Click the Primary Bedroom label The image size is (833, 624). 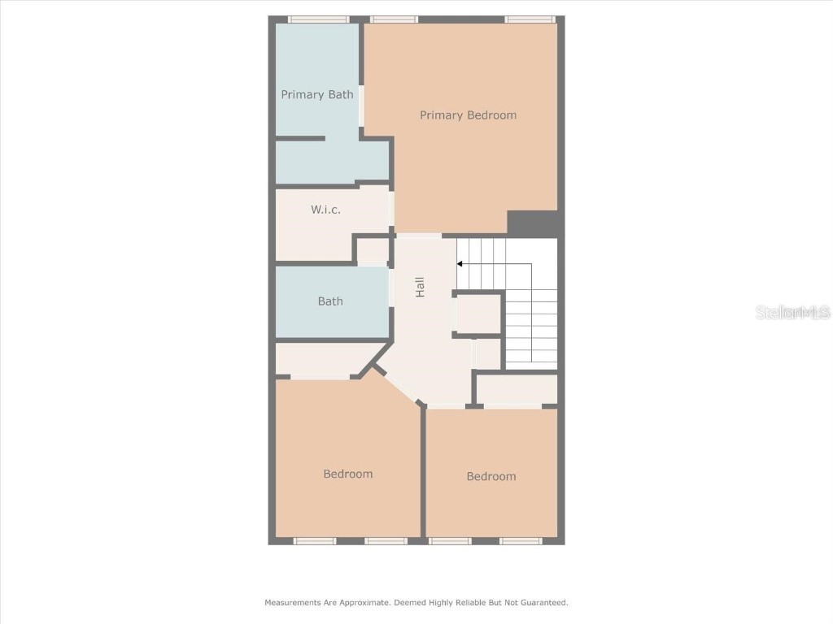click(x=468, y=115)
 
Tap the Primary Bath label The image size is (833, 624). click(x=317, y=95)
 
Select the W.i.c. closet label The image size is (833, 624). click(x=325, y=210)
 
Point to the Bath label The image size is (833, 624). click(x=330, y=301)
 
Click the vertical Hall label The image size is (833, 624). click(x=421, y=287)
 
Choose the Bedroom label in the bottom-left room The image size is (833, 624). click(x=348, y=474)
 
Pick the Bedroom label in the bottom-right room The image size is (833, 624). click(x=491, y=477)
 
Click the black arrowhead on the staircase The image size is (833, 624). click(x=460, y=263)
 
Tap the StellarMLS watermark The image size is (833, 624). click(x=792, y=312)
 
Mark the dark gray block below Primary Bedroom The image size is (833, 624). click(x=532, y=223)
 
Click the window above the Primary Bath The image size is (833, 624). click(x=319, y=19)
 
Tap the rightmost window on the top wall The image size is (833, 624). click(x=530, y=19)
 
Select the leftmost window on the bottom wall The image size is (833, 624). click(x=315, y=541)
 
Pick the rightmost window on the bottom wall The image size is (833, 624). click(x=521, y=541)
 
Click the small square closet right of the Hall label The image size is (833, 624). click(x=478, y=314)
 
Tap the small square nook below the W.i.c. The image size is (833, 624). click(x=373, y=249)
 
